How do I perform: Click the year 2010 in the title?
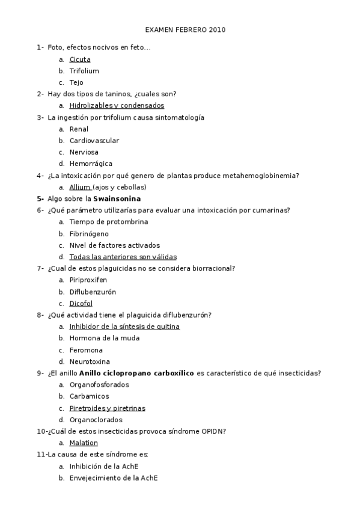(218, 29)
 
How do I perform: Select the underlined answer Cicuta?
(80, 60)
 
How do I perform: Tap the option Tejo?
(76, 82)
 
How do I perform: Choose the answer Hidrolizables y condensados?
(117, 106)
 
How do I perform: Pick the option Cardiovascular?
(94, 141)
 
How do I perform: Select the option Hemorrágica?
(91, 164)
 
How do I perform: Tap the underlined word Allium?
(79, 187)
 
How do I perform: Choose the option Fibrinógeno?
(89, 233)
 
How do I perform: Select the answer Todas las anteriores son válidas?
(123, 257)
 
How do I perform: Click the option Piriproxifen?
(88, 280)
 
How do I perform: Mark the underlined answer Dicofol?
(81, 304)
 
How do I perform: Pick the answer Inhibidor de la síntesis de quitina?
(124, 327)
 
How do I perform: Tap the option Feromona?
(86, 350)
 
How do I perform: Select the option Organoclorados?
(96, 420)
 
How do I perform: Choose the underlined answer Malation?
(84, 443)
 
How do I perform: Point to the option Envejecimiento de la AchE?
(114, 478)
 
